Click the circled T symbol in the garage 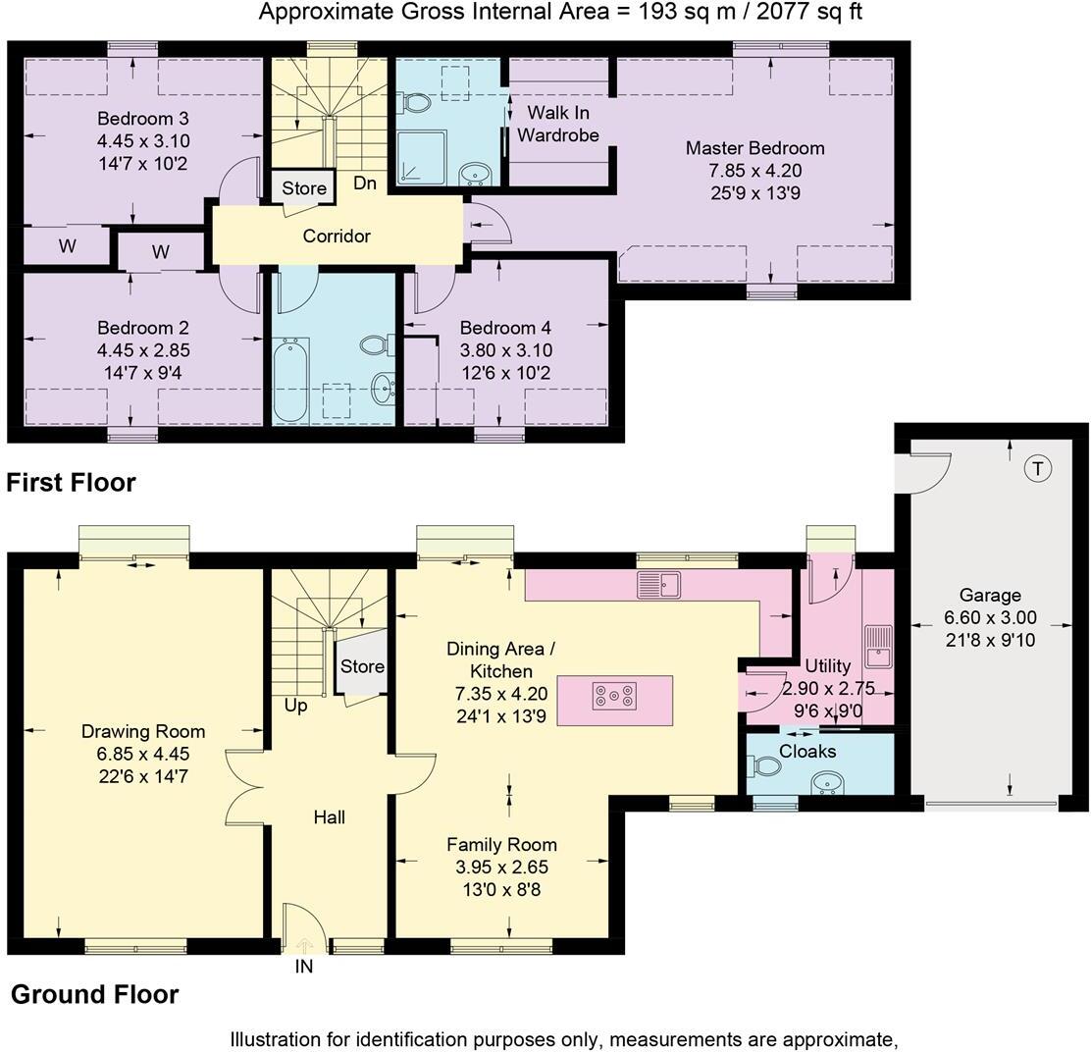[x=1036, y=469]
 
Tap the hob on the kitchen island [x=614, y=697]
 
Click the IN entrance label [x=303, y=967]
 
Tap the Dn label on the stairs [x=365, y=184]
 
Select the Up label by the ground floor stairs [x=295, y=706]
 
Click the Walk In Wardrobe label [x=557, y=124]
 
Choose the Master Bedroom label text [x=754, y=148]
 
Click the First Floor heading [x=71, y=482]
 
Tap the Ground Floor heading [x=94, y=994]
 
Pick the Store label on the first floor [x=304, y=188]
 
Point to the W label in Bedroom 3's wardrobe [x=67, y=246]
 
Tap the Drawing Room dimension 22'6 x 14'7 [x=143, y=776]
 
